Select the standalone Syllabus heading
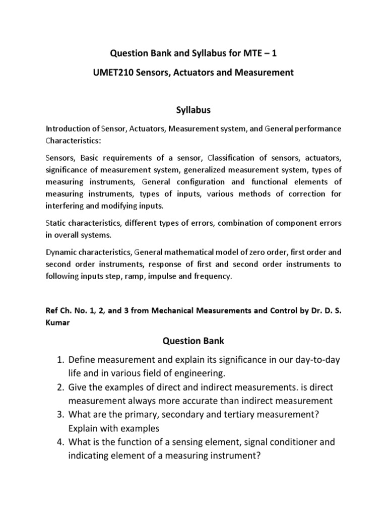[193, 109]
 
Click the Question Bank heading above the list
[193, 341]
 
